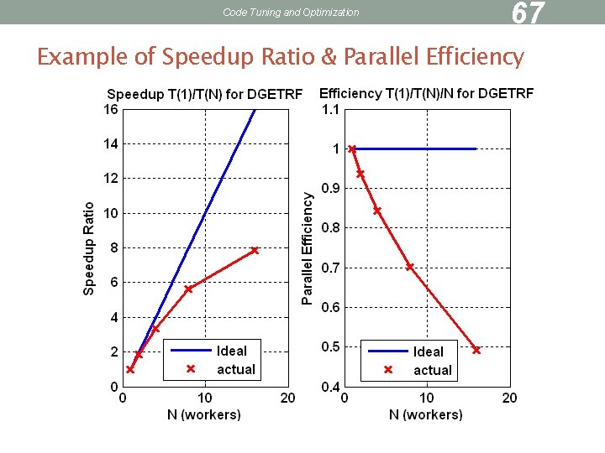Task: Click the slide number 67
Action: click(529, 13)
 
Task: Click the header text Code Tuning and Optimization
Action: click(291, 13)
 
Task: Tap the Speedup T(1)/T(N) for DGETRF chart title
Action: click(203, 94)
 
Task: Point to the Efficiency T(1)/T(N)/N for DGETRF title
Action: click(426, 93)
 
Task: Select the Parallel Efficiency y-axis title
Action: click(308, 248)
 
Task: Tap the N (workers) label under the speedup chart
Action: click(203, 414)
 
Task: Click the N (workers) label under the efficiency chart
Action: click(425, 414)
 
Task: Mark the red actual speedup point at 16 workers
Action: click(255, 250)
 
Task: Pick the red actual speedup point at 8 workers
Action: click(188, 289)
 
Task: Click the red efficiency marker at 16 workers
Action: click(476, 350)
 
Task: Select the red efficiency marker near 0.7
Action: click(410, 267)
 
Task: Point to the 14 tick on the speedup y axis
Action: click(110, 143)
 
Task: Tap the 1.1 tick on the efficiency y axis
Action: click(329, 109)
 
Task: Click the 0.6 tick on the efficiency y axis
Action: click(329, 307)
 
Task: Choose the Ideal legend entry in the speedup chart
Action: click(232, 351)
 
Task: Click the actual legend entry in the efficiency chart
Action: click(432, 370)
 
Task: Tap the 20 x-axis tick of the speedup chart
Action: click(287, 398)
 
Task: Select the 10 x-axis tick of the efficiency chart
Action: click(426, 398)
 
